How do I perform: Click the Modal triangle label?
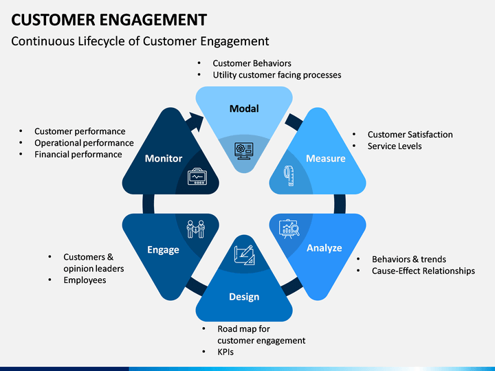tap(244, 109)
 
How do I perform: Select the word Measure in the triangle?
tap(325, 159)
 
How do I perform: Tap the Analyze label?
tap(324, 248)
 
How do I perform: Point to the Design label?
tap(244, 297)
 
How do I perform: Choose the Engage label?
tap(163, 250)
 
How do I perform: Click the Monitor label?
tap(164, 159)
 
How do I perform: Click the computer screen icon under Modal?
tap(243, 151)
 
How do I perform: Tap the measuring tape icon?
tap(289, 175)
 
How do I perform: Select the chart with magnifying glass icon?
tap(289, 229)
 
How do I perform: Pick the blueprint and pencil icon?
tap(244, 255)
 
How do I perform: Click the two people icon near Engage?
tap(196, 229)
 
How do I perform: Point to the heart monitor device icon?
tap(197, 177)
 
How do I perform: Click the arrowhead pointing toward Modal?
tap(197, 122)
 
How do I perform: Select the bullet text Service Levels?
tap(395, 146)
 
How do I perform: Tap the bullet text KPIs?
tap(225, 352)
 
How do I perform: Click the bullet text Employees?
tap(85, 280)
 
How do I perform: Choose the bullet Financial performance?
tap(78, 155)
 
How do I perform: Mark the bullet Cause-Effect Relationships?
tap(423, 271)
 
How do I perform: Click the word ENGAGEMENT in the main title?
tap(153, 19)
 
